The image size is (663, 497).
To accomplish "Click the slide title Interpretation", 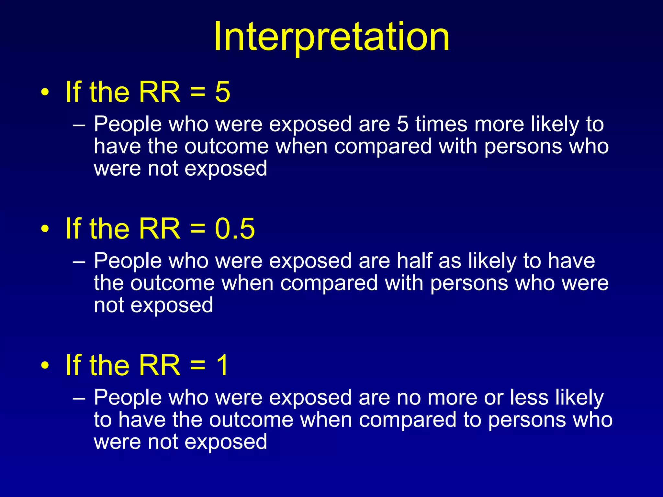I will click(331, 36).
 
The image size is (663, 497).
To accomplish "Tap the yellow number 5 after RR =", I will click(222, 92).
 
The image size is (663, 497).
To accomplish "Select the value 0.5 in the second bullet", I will click(235, 229).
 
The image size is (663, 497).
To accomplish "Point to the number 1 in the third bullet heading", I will click(223, 365).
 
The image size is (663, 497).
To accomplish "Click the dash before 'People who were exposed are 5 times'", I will click(79, 125).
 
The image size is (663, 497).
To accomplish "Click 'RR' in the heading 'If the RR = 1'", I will click(159, 365).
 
